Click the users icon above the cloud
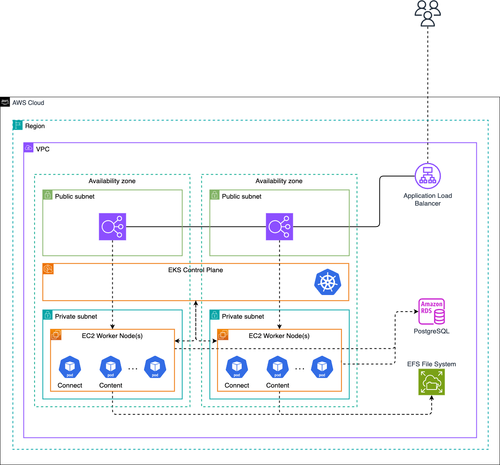tap(428, 14)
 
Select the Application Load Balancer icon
tap(428, 176)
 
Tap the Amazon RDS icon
tap(431, 311)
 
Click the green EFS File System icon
tap(431, 382)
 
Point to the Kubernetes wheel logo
tap(328, 282)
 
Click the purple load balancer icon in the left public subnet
tap(112, 226)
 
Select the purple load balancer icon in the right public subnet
tap(279, 226)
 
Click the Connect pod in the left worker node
tap(70, 367)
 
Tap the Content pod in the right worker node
tap(278, 367)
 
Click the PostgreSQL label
tap(431, 331)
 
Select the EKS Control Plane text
tap(195, 270)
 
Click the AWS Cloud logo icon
tap(5, 102)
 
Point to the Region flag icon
tap(18, 125)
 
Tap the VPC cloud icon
tap(29, 148)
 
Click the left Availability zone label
tap(112, 181)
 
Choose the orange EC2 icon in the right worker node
tap(223, 335)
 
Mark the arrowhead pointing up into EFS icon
tap(431, 398)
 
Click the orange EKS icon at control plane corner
tap(48, 269)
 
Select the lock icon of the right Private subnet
tap(215, 315)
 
